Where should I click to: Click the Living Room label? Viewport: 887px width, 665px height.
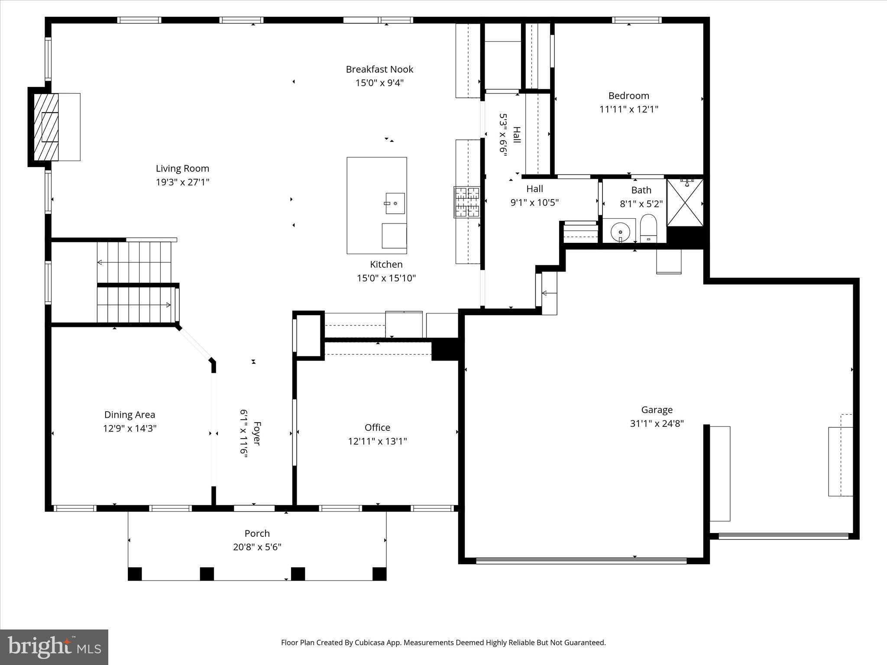tap(182, 168)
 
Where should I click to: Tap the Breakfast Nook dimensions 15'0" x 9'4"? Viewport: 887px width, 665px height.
tap(379, 83)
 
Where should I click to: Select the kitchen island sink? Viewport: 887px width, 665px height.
tap(395, 203)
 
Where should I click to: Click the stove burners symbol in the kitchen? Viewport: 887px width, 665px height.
tap(467, 202)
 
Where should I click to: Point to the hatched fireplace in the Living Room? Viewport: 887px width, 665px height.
tap(46, 127)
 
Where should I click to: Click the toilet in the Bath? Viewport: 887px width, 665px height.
tap(648, 228)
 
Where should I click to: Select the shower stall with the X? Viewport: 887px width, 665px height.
tap(685, 203)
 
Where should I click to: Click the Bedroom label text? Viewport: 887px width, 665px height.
tap(628, 96)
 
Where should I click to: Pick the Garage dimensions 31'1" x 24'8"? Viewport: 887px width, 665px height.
tap(657, 423)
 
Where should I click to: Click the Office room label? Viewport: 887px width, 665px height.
tap(377, 428)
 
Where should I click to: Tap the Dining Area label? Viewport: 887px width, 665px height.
tap(129, 415)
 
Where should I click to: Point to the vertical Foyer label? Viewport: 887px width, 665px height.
tap(257, 433)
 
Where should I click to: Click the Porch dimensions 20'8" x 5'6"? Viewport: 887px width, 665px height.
tap(257, 547)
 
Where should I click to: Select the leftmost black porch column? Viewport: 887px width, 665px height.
tap(135, 574)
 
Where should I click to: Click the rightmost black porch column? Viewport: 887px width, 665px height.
tap(379, 574)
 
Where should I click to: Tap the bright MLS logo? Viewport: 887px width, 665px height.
tap(54, 647)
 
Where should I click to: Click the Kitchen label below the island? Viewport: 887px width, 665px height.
tap(386, 265)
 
